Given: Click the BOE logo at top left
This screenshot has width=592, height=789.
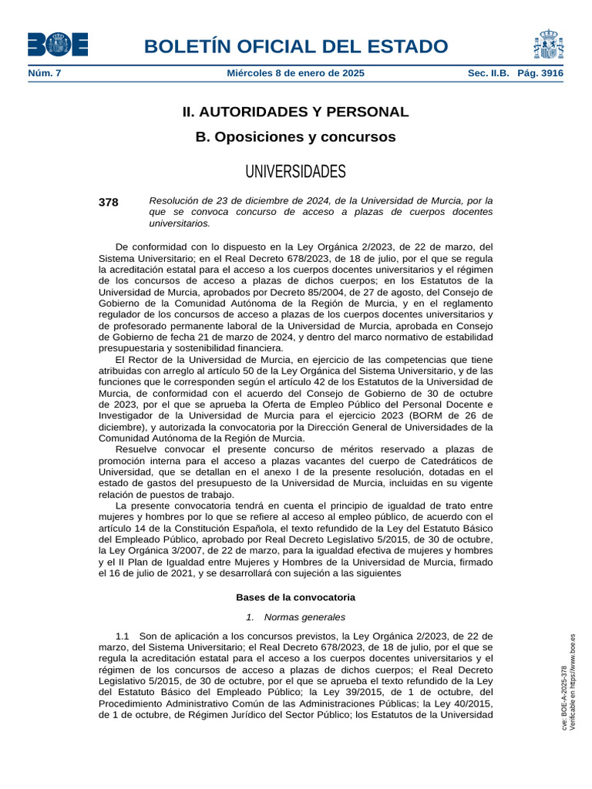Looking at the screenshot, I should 58,45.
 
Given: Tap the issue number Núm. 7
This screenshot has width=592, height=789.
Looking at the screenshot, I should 45,73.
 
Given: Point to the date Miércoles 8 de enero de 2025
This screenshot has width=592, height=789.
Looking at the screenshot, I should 295,73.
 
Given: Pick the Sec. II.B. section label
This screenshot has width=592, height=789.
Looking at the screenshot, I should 489,73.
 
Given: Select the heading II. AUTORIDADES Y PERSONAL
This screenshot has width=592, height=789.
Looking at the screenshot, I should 295,112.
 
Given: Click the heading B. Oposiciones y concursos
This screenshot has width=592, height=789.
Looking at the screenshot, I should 295,137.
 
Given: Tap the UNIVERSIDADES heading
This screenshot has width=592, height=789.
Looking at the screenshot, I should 295,170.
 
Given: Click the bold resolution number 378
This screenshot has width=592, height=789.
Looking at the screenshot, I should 109,203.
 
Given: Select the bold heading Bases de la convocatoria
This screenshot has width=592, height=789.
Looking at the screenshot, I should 295,597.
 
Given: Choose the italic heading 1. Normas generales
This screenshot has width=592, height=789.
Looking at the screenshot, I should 295,617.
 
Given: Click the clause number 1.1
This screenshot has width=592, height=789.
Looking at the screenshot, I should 123,636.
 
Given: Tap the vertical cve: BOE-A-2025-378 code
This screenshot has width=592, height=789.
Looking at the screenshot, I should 564,698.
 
